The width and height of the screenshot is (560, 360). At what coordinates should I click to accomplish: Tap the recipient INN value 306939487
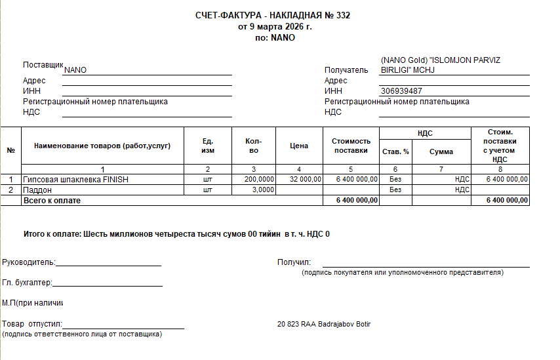click(x=401, y=91)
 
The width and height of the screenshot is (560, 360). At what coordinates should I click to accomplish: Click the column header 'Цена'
click(x=299, y=146)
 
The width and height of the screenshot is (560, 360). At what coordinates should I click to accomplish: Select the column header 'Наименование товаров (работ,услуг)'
click(x=102, y=146)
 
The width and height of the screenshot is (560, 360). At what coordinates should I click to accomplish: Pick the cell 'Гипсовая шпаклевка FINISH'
click(x=75, y=179)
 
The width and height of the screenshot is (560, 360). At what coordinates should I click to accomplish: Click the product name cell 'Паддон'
click(x=37, y=190)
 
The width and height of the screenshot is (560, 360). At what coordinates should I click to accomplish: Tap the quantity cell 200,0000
click(x=259, y=179)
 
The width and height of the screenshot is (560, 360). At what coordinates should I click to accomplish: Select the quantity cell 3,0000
click(x=264, y=190)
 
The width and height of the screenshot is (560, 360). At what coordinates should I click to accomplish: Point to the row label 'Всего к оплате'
click(x=52, y=200)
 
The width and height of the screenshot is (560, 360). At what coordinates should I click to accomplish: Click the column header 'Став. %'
click(x=395, y=151)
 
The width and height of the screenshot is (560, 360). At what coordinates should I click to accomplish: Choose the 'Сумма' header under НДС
click(x=441, y=151)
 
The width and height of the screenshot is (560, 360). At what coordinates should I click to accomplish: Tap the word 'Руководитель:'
click(x=29, y=262)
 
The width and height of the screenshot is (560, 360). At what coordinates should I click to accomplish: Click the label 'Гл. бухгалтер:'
click(x=27, y=283)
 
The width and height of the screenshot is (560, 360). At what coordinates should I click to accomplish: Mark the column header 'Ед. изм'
click(x=208, y=146)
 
